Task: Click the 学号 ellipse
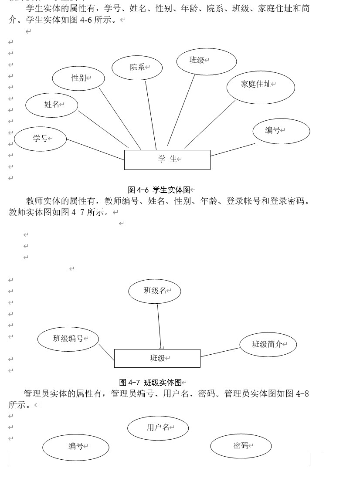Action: tap(40, 139)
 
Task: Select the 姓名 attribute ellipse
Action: tap(51, 105)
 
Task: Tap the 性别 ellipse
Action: tap(78, 78)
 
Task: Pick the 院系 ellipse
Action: tap(137, 68)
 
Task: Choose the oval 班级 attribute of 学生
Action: tap(206, 61)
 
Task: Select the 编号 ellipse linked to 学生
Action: tap(281, 131)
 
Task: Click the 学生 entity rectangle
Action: tap(167, 159)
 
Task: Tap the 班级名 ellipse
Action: tap(154, 291)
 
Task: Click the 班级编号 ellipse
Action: tap(68, 339)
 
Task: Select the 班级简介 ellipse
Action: tap(268, 344)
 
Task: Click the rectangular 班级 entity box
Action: tap(157, 358)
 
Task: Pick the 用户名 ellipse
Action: tap(158, 428)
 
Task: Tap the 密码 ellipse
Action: tap(241, 446)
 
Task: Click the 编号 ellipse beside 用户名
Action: tap(75, 447)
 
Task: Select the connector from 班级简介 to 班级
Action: tap(220, 352)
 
